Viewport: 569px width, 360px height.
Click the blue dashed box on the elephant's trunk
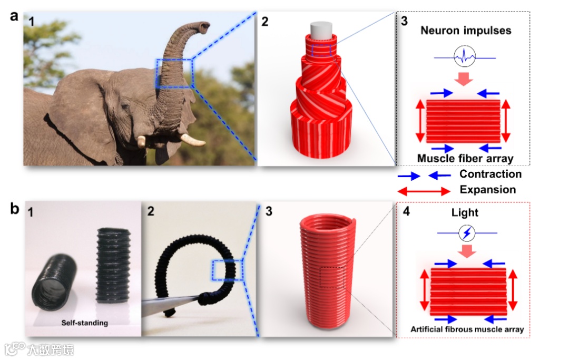pos(174,73)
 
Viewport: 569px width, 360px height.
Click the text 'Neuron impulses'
pos(465,30)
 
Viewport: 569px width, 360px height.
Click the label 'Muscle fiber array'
pos(465,158)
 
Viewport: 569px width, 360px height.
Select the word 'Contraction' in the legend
pos(490,174)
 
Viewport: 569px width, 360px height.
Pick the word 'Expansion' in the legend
pos(487,190)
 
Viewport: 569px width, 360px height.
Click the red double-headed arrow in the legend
pos(424,190)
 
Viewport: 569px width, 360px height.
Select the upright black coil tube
pos(113,264)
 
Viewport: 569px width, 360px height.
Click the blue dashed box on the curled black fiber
pos(227,270)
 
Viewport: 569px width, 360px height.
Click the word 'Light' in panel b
pos(465,212)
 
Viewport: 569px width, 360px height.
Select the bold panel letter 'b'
pos(15,209)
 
